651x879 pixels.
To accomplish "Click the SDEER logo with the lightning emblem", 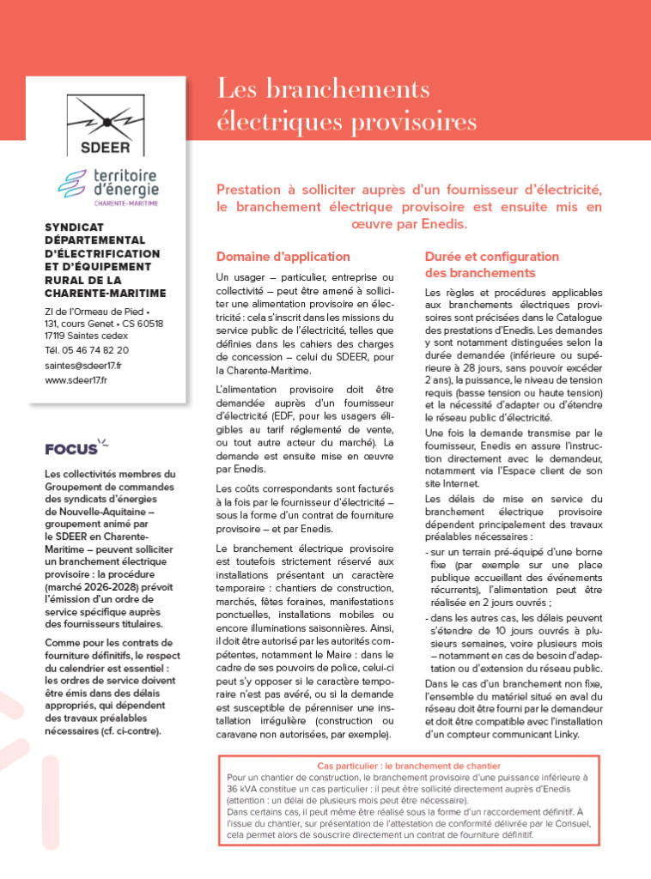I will point(105,124).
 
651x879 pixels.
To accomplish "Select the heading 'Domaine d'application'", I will point(283,257).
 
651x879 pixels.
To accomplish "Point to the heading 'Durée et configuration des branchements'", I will point(492,264).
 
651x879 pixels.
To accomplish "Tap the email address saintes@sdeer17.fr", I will point(82,365).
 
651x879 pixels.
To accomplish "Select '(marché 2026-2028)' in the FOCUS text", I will point(85,585).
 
